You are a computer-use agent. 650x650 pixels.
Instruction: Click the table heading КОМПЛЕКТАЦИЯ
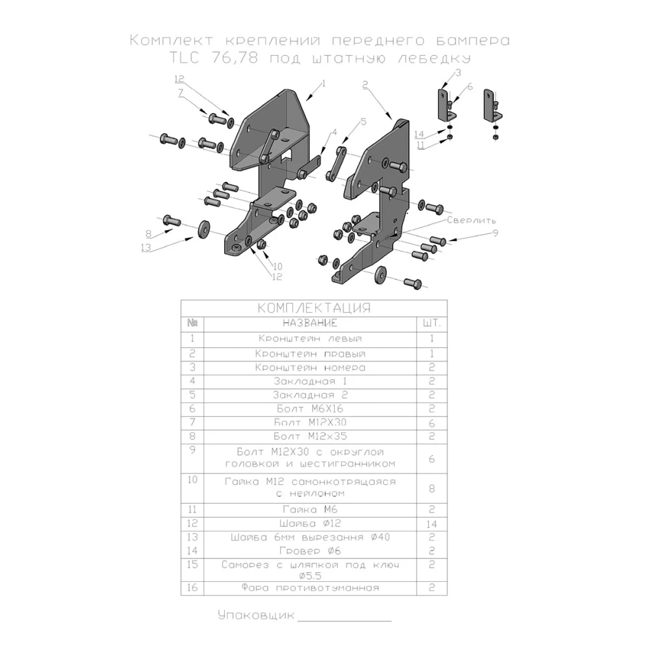[314, 307]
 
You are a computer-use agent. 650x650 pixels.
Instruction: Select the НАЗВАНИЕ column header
[310, 323]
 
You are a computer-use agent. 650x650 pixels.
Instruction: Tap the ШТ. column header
[432, 323]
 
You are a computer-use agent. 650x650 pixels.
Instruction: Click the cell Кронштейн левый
[310, 339]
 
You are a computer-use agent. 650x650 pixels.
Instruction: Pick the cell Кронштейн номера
[310, 368]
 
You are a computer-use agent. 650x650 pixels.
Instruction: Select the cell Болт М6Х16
[309, 409]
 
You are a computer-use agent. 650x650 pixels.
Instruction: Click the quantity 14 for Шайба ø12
[432, 523]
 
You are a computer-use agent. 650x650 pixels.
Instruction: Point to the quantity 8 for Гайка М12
[432, 487]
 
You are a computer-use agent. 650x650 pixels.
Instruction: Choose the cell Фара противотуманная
[310, 589]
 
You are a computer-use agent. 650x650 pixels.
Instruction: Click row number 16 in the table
[192, 588]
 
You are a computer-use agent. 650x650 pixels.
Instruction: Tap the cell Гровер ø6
[310, 551]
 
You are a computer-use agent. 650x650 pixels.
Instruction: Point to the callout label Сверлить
[472, 220]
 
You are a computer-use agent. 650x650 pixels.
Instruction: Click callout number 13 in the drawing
[145, 248]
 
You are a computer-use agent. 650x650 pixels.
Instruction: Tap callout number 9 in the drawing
[495, 233]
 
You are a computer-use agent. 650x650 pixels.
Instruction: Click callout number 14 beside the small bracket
[419, 135]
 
